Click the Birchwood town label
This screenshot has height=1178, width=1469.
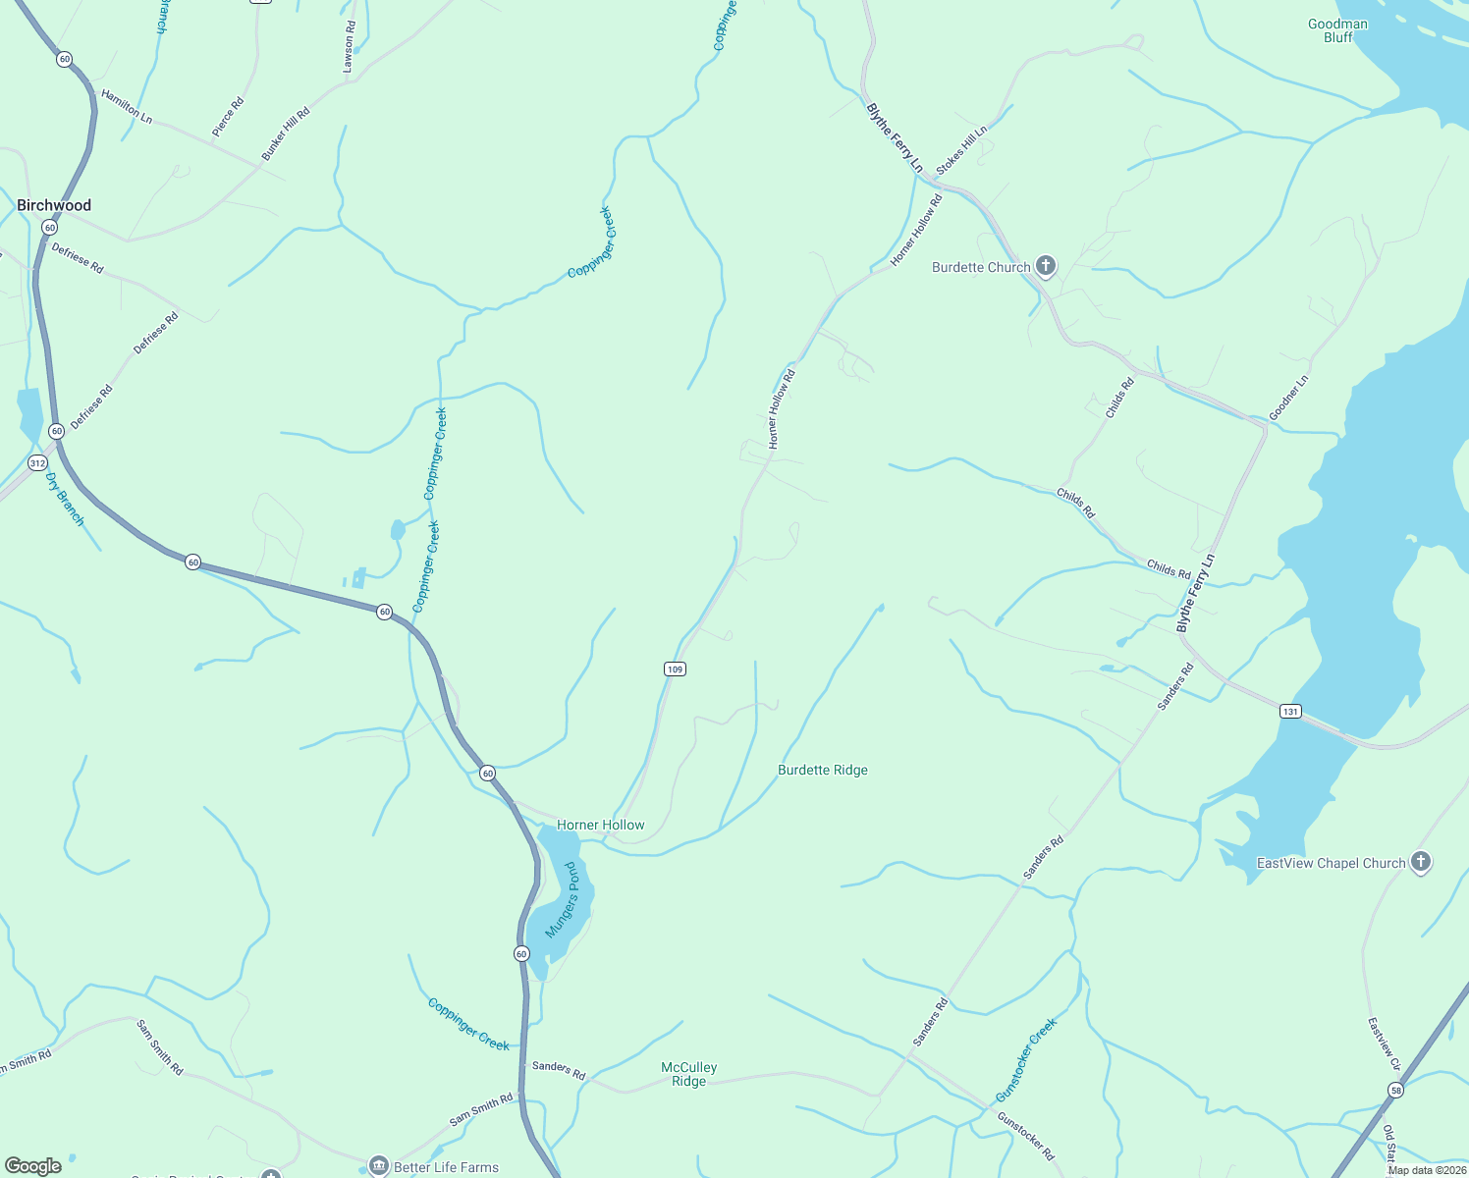(x=54, y=205)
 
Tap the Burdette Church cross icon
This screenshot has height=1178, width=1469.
(x=1046, y=265)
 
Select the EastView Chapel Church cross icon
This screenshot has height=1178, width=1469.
(x=1420, y=862)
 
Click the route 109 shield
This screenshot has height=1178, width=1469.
(x=674, y=669)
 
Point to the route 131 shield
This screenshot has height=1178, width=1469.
(x=1289, y=711)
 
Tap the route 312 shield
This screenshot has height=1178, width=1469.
(x=37, y=462)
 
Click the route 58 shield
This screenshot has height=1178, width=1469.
(x=1395, y=1090)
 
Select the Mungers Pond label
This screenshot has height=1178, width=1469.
(x=563, y=899)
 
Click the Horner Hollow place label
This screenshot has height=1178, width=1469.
(x=601, y=825)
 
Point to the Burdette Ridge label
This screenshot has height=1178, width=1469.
(x=823, y=770)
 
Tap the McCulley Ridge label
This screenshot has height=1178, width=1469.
(x=688, y=1074)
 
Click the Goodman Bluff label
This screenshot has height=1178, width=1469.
(x=1337, y=30)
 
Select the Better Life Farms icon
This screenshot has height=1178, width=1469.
(x=379, y=1166)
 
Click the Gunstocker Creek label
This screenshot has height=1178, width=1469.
(x=1026, y=1059)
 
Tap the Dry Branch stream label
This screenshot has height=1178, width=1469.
(x=65, y=499)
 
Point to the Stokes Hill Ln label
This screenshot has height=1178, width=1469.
(x=961, y=150)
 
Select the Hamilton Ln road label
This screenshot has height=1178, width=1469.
(x=127, y=106)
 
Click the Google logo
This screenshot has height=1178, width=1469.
(x=33, y=1166)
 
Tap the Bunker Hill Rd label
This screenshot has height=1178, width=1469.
(x=286, y=134)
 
